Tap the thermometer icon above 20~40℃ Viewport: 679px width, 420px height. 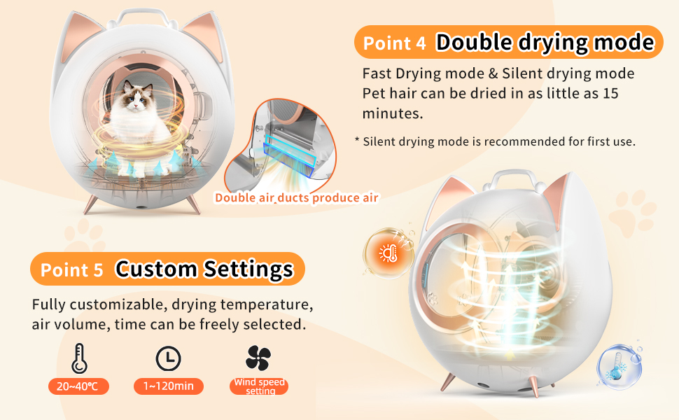[x=78, y=358]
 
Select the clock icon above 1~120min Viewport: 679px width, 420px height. [x=168, y=358]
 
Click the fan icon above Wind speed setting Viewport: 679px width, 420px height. [x=258, y=358]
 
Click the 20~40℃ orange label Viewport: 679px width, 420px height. [x=78, y=386]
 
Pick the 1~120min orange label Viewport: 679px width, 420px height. [x=168, y=386]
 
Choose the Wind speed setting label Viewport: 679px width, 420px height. [x=260, y=386]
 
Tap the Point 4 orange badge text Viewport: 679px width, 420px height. [x=394, y=43]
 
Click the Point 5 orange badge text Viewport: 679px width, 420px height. [x=71, y=270]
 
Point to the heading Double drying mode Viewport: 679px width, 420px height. [x=545, y=43]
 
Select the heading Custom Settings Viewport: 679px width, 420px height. [x=204, y=269]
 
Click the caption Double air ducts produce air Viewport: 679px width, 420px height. [x=296, y=197]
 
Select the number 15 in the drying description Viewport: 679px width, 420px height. [x=608, y=93]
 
